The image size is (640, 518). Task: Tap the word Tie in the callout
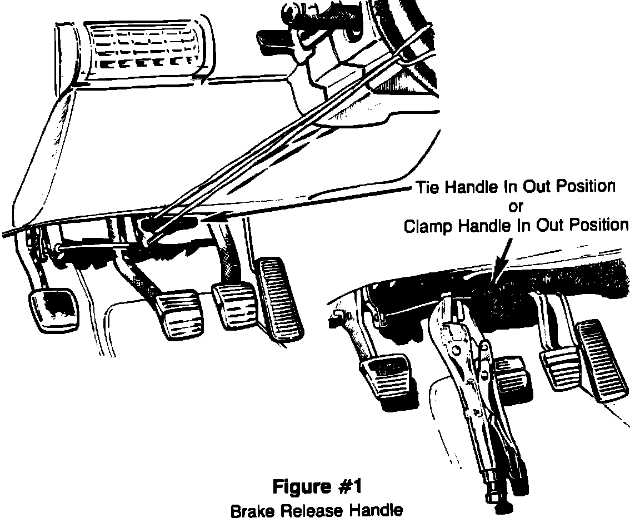coord(428,188)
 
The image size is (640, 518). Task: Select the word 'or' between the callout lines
coord(517,207)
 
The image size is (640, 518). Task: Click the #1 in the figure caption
coord(348,487)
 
